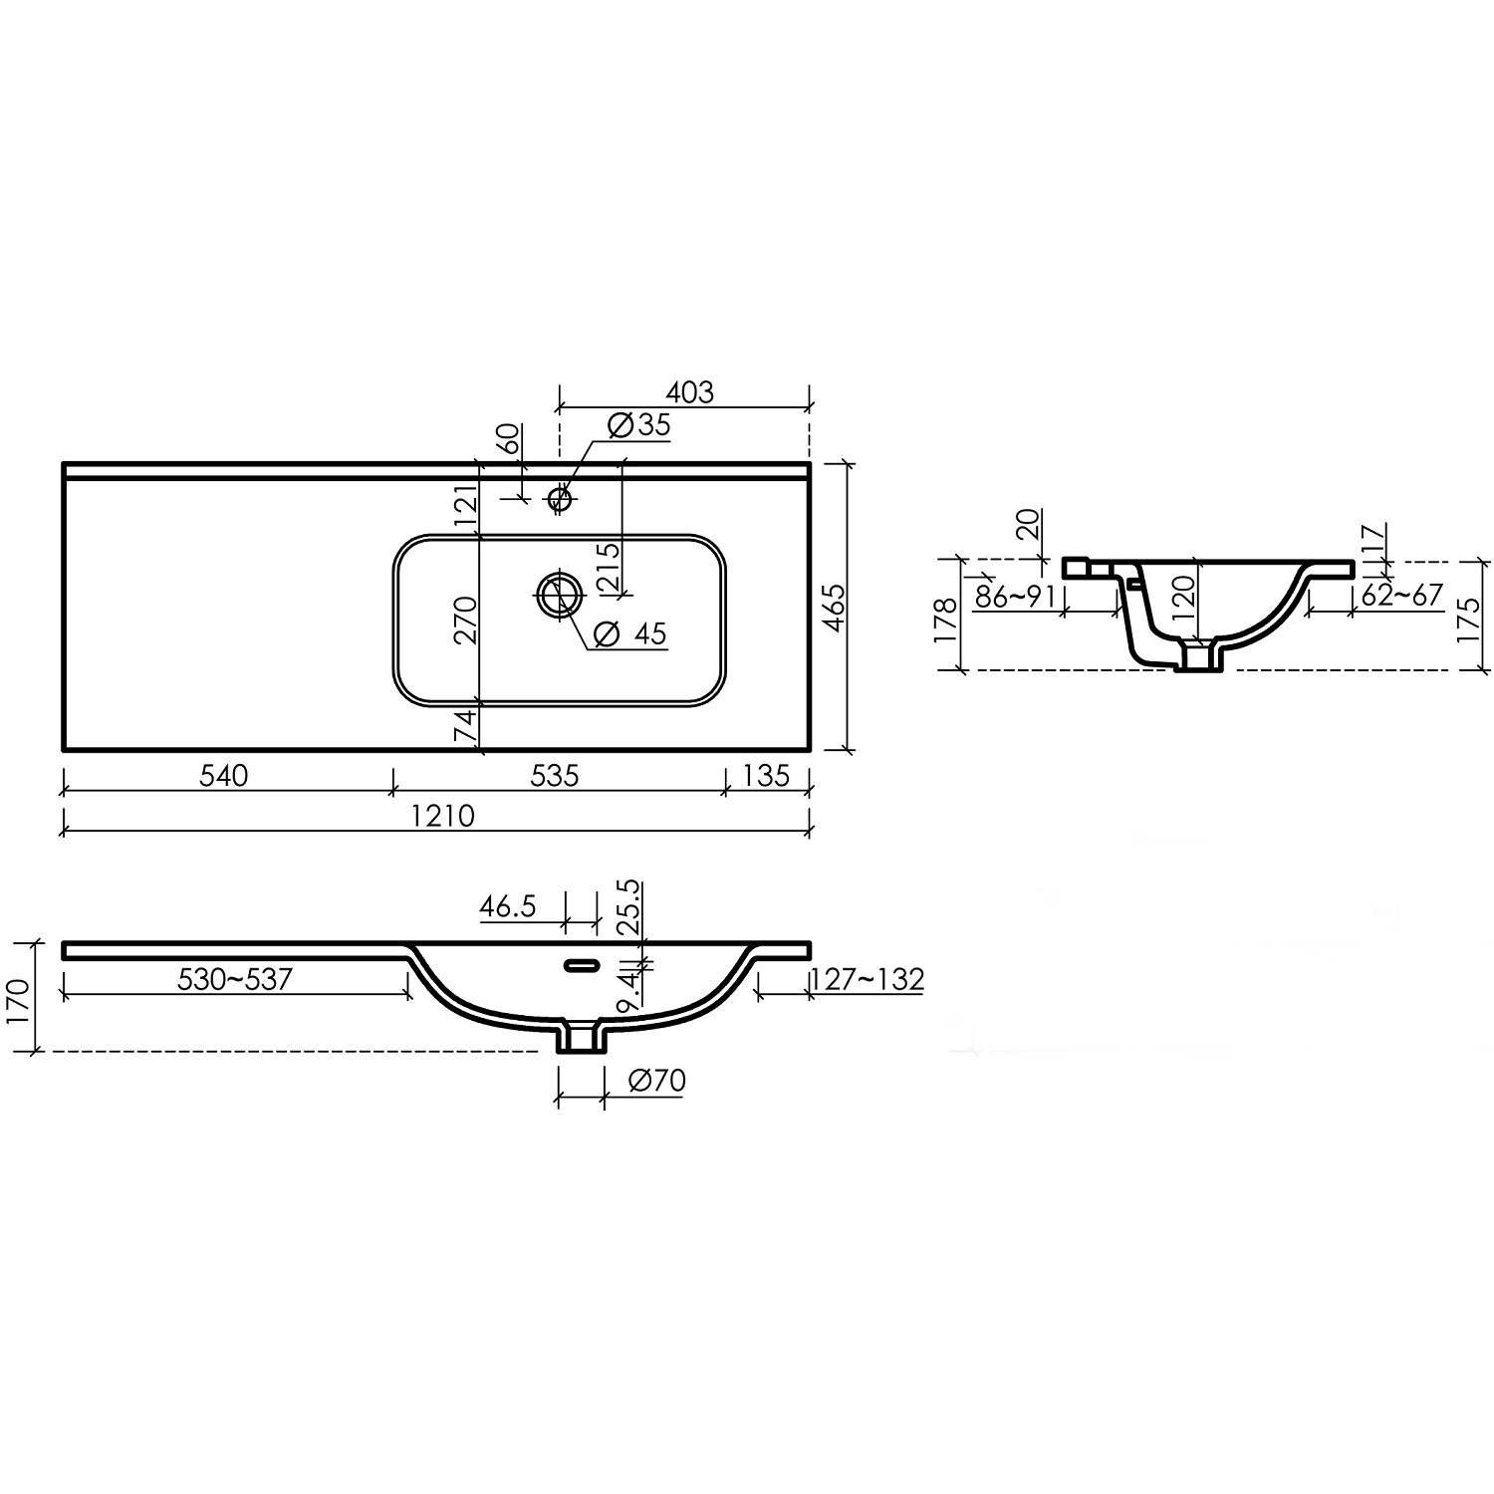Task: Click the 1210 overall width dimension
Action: coord(444,816)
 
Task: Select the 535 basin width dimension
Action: coord(555,775)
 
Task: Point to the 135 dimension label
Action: coord(766,775)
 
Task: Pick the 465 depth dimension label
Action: coord(834,607)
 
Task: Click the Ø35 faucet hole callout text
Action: coord(638,425)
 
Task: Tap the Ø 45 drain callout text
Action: coord(630,633)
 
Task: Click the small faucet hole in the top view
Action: coord(561,497)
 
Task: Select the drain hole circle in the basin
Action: coord(558,596)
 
